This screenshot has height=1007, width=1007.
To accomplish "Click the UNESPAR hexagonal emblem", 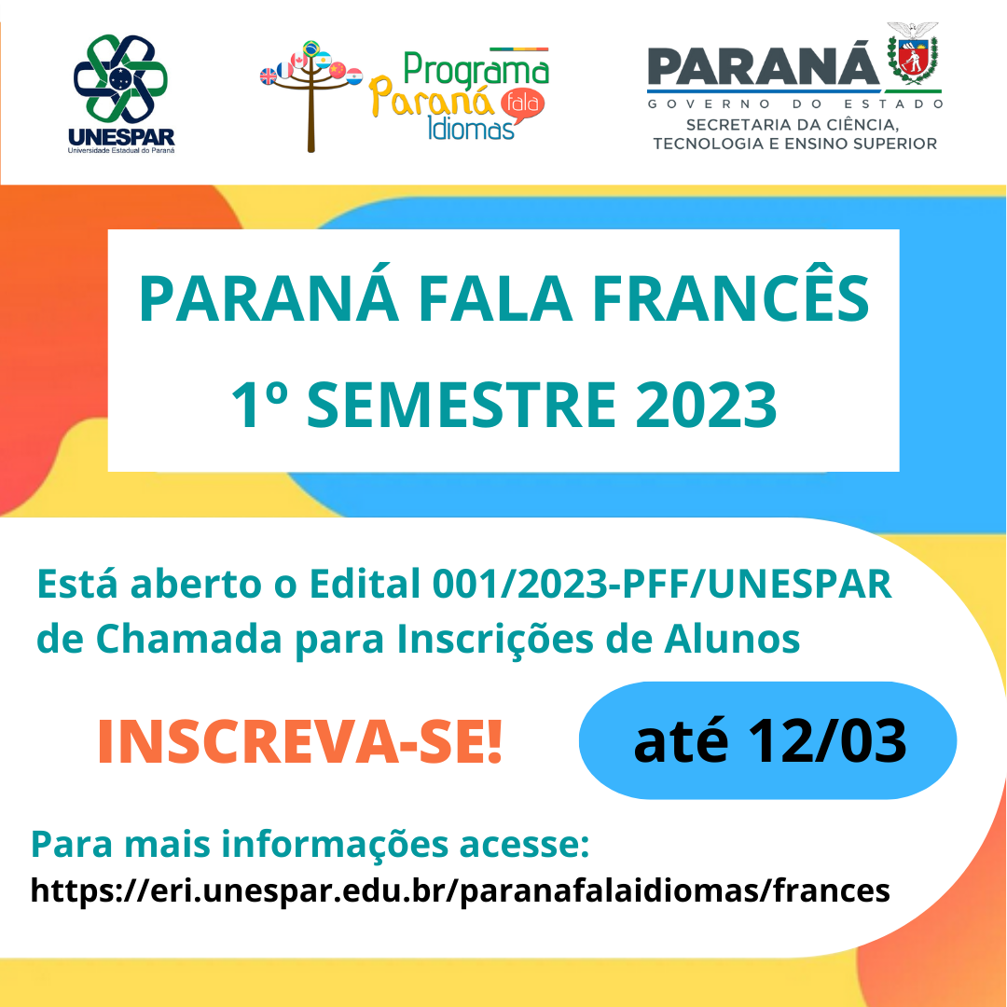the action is [120, 79].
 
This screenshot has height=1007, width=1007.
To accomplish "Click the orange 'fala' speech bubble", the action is [522, 104].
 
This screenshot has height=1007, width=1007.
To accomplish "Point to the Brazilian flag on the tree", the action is [311, 48].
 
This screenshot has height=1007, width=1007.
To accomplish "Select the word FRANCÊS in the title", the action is [730, 298].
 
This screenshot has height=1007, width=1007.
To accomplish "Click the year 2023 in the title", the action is [706, 405].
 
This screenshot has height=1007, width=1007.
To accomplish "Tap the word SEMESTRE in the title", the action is [462, 405].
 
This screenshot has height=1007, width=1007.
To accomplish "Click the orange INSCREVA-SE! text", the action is [299, 742].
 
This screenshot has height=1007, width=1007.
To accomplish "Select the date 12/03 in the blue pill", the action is [827, 740].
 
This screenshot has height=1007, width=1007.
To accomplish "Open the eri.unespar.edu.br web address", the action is [460, 890].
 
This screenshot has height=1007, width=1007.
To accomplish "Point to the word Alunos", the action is [732, 639].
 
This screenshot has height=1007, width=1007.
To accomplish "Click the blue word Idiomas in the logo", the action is [471, 129].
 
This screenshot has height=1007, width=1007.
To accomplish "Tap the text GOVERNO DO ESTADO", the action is [795, 103].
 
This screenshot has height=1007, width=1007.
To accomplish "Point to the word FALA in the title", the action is [495, 298].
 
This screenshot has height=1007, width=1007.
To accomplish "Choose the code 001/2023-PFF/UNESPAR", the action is [662, 584].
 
